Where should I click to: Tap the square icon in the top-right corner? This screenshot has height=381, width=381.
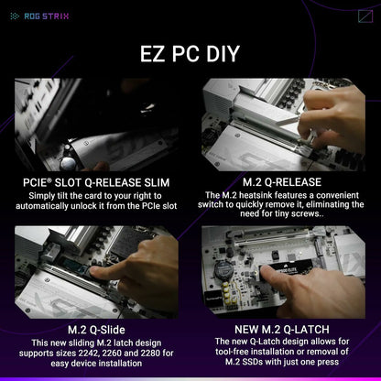pos(364,16)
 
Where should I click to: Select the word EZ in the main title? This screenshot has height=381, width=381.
pos(157,53)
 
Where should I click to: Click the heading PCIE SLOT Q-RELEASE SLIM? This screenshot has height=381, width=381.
pos(96,182)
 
